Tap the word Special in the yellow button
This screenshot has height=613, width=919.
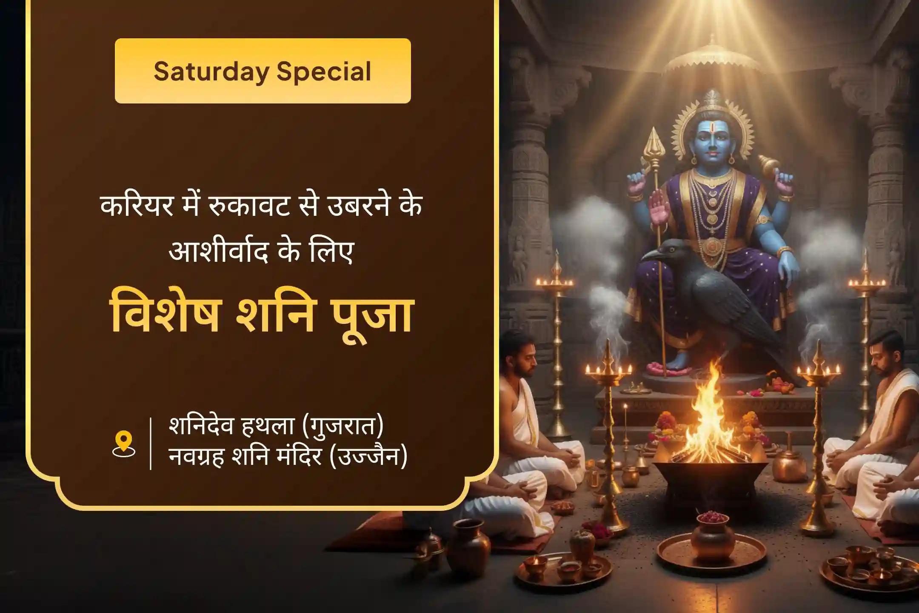[x=324, y=72]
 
